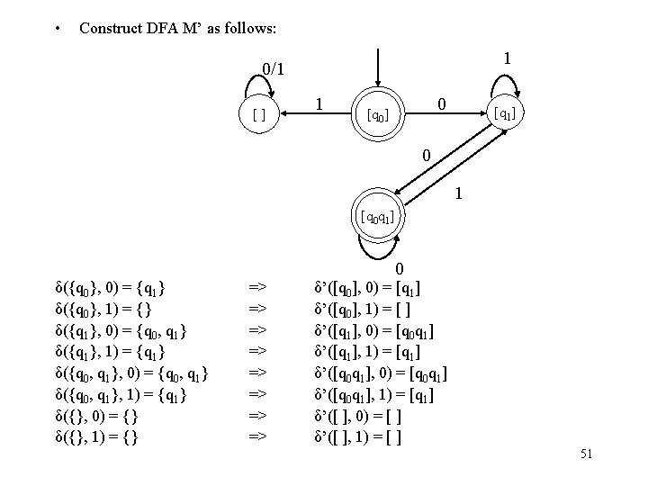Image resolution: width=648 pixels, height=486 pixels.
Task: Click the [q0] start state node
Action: (377, 115)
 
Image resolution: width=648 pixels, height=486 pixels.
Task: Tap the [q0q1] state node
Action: (376, 216)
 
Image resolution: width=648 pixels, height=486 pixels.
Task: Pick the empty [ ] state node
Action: (258, 115)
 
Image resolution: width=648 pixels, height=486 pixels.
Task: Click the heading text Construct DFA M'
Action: (178, 29)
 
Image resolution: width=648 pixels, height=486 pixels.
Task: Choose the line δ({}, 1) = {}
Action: (98, 438)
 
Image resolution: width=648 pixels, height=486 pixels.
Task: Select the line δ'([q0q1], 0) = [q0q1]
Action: (381, 373)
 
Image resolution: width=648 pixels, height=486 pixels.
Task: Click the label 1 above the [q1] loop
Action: (508, 58)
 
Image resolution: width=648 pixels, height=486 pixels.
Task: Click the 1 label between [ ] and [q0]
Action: (321, 104)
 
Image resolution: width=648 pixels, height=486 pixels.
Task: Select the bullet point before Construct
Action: (57, 29)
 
